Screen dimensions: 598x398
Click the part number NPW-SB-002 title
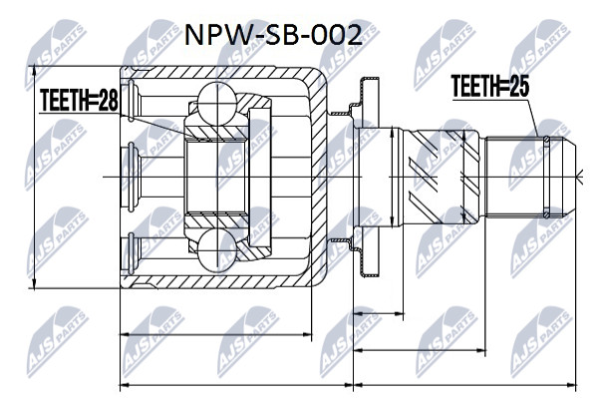pyautogui.click(x=273, y=36)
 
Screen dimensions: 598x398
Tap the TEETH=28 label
pyautogui.click(x=80, y=100)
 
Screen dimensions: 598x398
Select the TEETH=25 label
pyautogui.click(x=490, y=86)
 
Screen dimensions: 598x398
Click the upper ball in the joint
pyautogui.click(x=216, y=103)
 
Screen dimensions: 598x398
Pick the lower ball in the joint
pyautogui.click(x=216, y=250)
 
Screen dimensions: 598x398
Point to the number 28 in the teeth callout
pyautogui.click(x=109, y=100)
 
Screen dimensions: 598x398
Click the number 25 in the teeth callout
pyautogui.click(x=519, y=86)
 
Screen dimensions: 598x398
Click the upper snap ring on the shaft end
pyautogui.click(x=546, y=142)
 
